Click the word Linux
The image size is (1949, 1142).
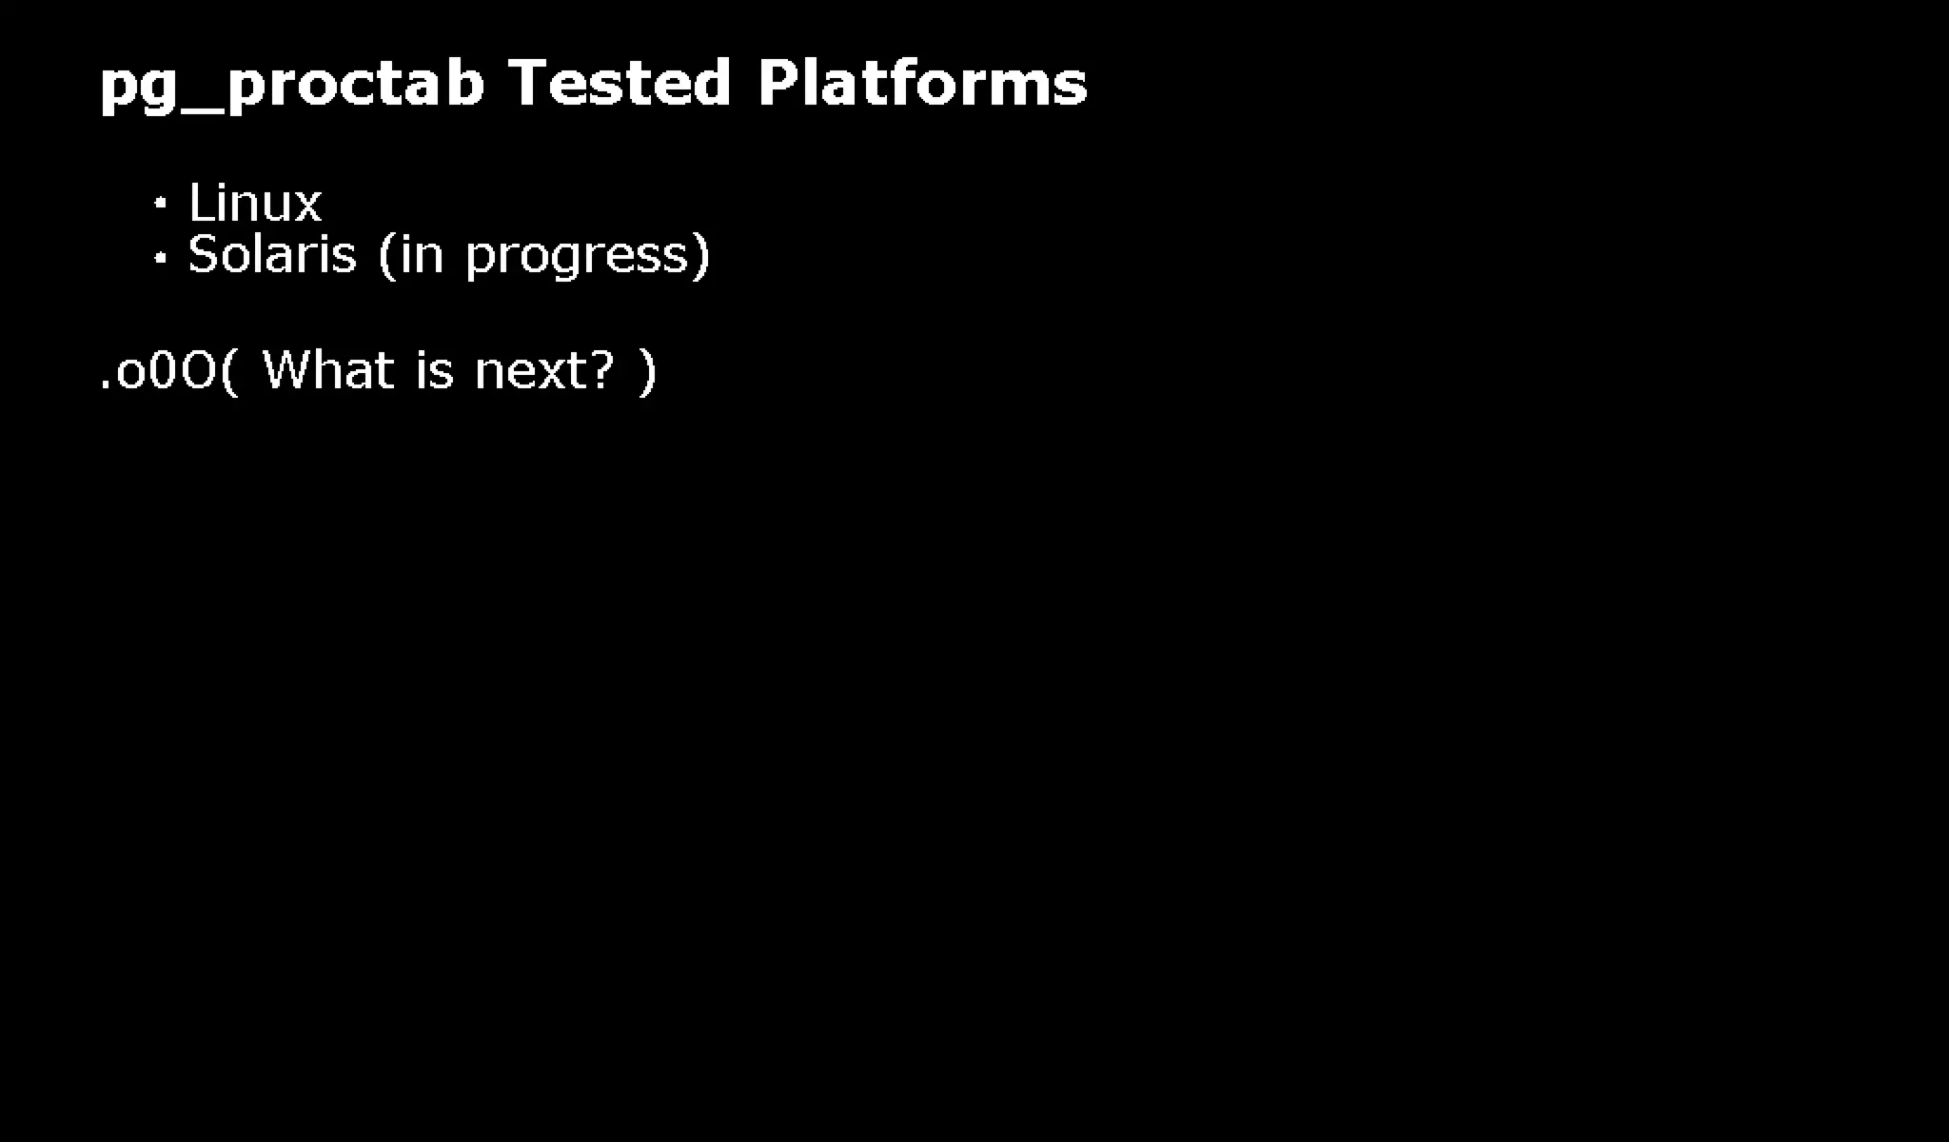point(255,204)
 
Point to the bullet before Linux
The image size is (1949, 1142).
point(161,204)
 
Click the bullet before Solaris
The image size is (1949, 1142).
point(161,256)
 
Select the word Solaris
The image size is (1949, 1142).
point(272,255)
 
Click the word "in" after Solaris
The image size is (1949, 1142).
point(422,255)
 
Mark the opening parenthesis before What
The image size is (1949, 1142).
point(229,371)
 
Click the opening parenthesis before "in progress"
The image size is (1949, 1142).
point(386,256)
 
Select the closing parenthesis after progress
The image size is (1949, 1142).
point(701,256)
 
